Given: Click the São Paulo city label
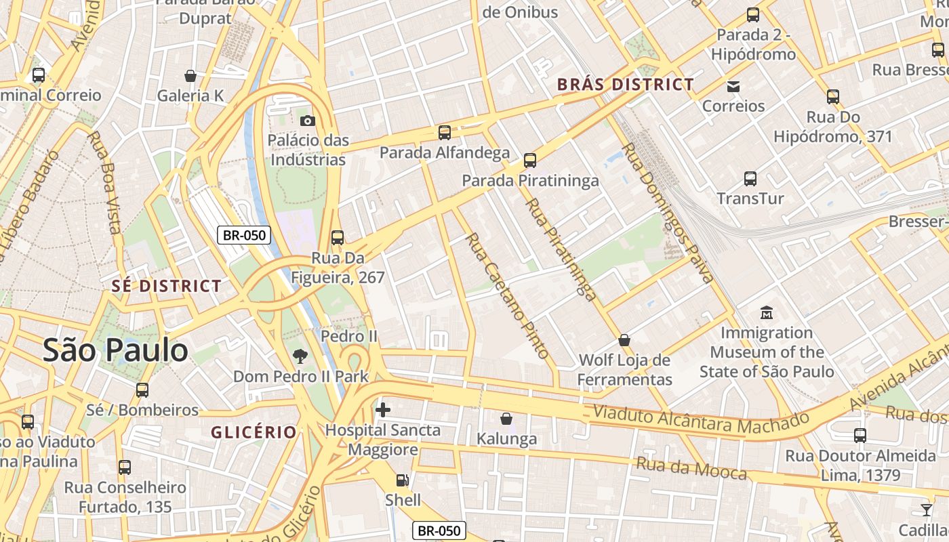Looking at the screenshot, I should (x=115, y=350).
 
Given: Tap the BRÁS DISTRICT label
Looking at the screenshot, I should (x=625, y=85).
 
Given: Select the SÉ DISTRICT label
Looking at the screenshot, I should (x=167, y=286).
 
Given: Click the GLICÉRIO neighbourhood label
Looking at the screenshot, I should (x=254, y=432).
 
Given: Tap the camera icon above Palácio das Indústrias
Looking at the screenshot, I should (x=307, y=121).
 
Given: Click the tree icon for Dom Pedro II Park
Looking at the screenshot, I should (x=299, y=356).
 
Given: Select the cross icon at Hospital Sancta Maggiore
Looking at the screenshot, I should (x=382, y=409).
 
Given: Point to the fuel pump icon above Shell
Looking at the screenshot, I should (x=403, y=480).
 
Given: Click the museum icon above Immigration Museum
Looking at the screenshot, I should (x=767, y=313).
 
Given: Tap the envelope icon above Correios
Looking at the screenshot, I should (x=733, y=86).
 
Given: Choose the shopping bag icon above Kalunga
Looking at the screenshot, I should (x=506, y=419).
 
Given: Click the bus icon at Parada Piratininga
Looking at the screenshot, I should (x=530, y=161).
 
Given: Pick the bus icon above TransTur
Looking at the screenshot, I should (x=750, y=179).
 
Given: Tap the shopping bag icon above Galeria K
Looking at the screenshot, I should (x=190, y=76).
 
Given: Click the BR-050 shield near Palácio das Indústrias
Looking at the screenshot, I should (x=244, y=235).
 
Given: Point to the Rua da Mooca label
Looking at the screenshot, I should (x=691, y=468).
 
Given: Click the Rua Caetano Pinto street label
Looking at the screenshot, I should (x=507, y=295).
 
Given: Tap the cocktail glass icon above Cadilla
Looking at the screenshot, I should (x=926, y=510).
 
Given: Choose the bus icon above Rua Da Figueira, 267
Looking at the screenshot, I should (x=337, y=238).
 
